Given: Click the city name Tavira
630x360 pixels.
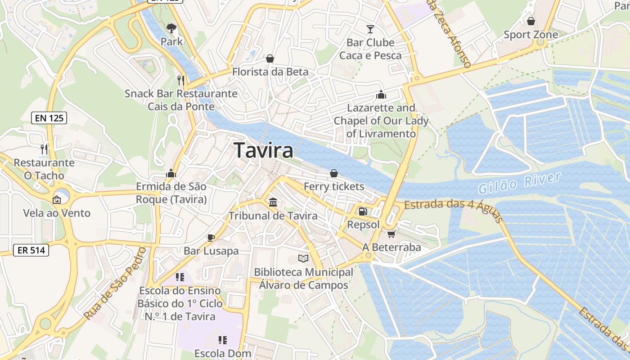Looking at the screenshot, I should (264, 150).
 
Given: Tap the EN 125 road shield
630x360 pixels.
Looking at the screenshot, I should (49, 118).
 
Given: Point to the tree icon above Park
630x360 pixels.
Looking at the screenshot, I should (171, 29).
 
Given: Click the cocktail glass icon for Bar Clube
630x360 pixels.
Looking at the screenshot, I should (370, 30).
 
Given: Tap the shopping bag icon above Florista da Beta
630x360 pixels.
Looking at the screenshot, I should (270, 58).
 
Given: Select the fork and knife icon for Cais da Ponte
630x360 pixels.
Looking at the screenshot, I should (181, 80).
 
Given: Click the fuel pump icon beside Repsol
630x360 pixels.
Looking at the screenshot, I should (363, 211).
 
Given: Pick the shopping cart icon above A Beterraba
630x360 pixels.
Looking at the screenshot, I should (391, 234).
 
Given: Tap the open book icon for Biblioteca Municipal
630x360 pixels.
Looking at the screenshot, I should (304, 259).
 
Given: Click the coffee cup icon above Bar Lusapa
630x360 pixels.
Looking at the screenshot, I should (211, 238).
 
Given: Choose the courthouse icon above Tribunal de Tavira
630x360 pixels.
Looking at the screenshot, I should (273, 202).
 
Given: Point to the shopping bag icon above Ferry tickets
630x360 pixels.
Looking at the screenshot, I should (334, 173).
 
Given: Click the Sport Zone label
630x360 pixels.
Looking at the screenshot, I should (531, 35).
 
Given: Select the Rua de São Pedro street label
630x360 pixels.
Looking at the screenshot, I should (115, 284).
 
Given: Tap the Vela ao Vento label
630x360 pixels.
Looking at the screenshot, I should (57, 213).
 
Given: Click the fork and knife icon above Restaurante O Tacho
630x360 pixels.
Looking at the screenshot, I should (44, 149).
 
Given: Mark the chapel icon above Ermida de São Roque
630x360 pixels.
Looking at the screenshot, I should (171, 173).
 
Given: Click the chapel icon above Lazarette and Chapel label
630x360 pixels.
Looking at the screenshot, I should (381, 94).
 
